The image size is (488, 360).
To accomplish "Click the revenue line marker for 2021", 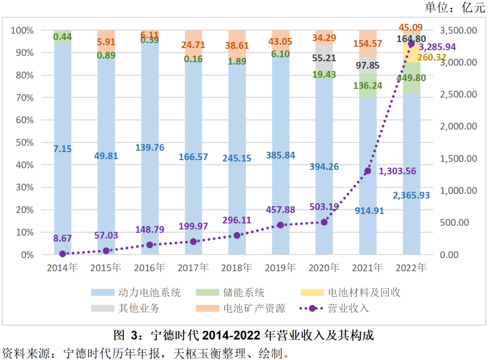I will (368, 171).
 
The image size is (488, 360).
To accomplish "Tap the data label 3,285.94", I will (437, 47).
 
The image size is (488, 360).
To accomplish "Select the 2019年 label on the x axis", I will (280, 268).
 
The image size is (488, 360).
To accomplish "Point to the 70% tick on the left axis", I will (23, 98).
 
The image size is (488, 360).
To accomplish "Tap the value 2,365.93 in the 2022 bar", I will (411, 195).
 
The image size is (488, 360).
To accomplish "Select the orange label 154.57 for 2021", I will (367, 44).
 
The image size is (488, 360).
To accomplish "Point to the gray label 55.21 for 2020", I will (324, 58).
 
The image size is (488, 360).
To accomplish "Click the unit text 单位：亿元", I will (455, 8).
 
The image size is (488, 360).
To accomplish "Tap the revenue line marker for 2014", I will (62, 254).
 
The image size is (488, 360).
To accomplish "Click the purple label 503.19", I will (324, 207).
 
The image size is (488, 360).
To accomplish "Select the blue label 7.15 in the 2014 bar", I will (62, 149).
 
